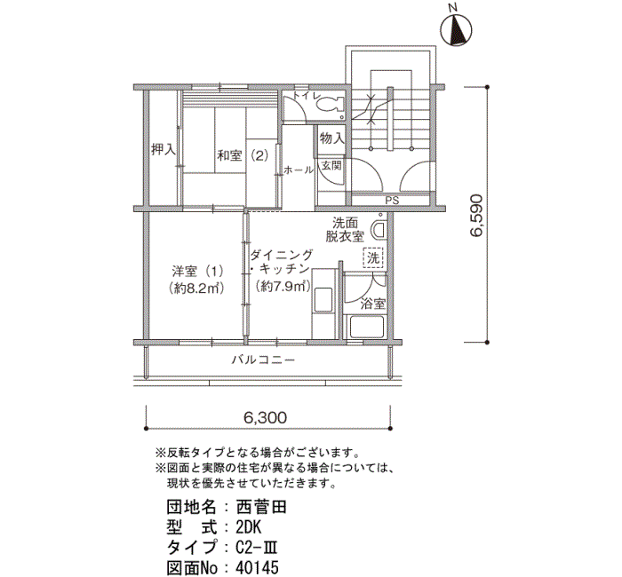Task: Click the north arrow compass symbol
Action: coord(456,29)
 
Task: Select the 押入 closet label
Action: coord(163,149)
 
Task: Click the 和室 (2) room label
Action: coord(243,155)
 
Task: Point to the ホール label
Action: coord(298,170)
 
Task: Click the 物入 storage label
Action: coord(332,138)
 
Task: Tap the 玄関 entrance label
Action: coord(331,165)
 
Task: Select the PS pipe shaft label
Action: coord(392,201)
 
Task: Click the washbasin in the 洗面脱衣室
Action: coord(379,231)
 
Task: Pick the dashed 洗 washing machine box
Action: coord(373,258)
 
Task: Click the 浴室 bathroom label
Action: coord(373,304)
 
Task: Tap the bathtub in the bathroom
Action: coord(366,327)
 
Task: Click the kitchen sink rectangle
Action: coord(323,300)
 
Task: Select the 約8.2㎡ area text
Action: coord(196,288)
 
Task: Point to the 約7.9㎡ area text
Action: coord(282,285)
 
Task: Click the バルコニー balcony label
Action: coord(263,360)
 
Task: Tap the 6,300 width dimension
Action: coord(265,418)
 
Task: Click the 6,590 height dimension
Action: coord(476,215)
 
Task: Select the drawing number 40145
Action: coord(257,567)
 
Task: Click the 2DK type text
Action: coord(248,527)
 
